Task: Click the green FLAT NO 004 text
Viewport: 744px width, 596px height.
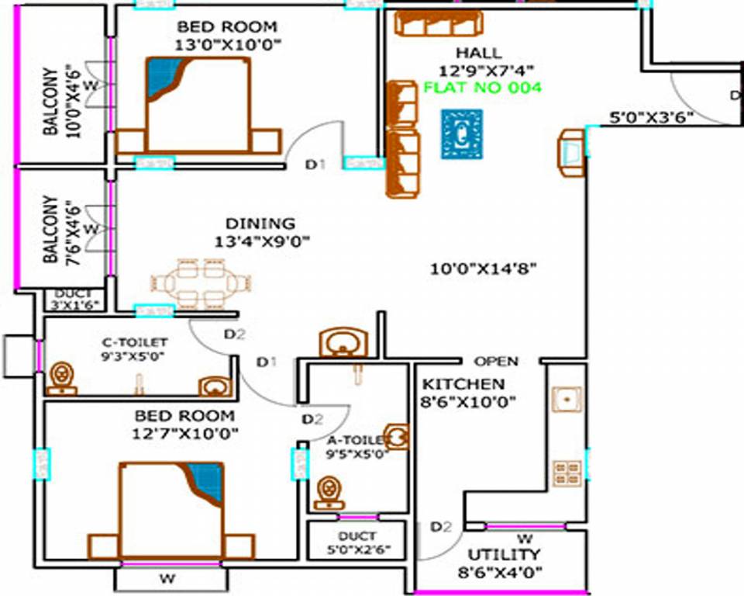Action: click(x=482, y=88)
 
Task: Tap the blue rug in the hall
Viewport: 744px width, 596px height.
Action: click(x=461, y=134)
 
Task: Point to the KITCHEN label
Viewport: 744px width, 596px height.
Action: click(x=463, y=384)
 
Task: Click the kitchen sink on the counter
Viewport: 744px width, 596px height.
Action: click(x=567, y=399)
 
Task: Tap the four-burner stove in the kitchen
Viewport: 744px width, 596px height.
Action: click(x=567, y=472)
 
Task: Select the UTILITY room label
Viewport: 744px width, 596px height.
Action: click(x=503, y=555)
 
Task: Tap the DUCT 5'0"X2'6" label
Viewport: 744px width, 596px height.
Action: click(x=357, y=543)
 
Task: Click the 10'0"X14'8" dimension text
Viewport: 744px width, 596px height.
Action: click(x=484, y=269)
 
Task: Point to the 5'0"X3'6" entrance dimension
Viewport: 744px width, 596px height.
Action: click(x=651, y=119)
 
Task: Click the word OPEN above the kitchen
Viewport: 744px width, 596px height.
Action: click(x=496, y=362)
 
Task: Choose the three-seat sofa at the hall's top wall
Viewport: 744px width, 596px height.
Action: click(x=438, y=23)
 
